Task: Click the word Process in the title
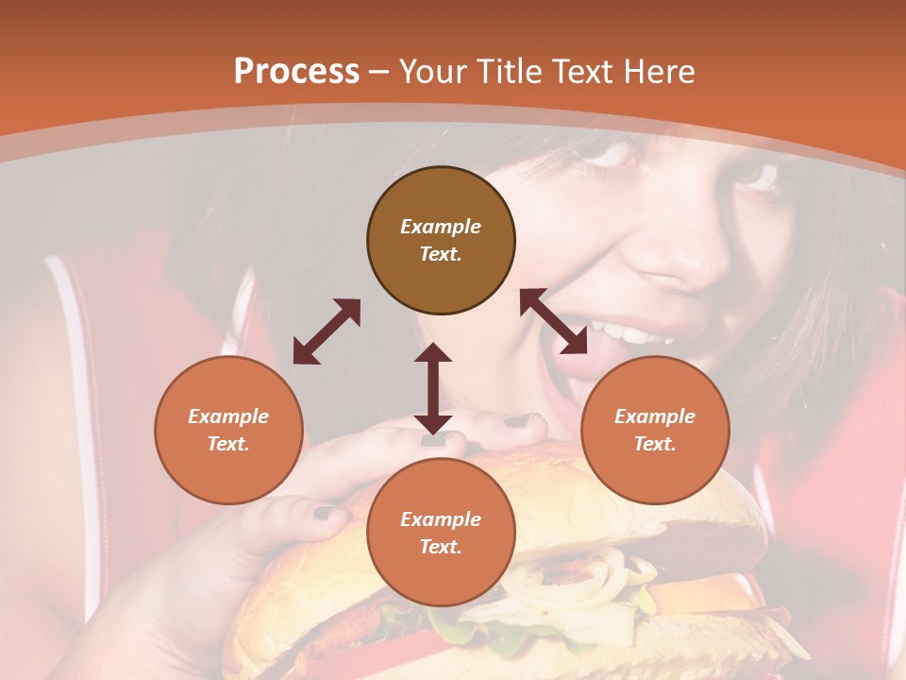tap(296, 72)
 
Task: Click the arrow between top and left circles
tap(327, 331)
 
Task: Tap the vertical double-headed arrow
tap(432, 388)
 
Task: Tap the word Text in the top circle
tap(441, 254)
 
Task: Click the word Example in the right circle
tap(655, 416)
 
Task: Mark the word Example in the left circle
tap(228, 416)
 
